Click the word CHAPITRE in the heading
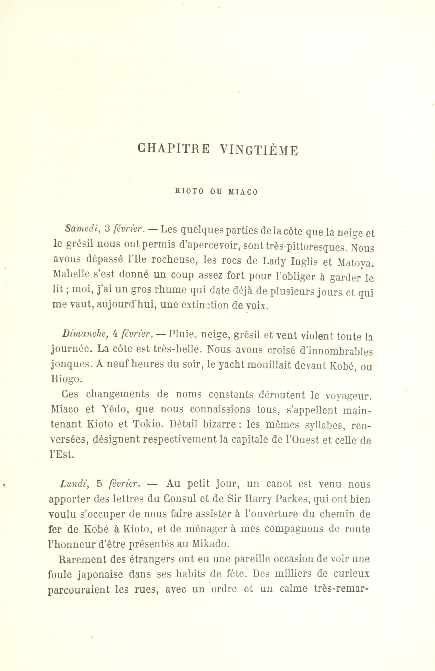pyautogui.click(x=173, y=149)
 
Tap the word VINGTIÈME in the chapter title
pyautogui.click(x=259, y=150)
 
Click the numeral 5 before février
pyautogui.click(x=99, y=484)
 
